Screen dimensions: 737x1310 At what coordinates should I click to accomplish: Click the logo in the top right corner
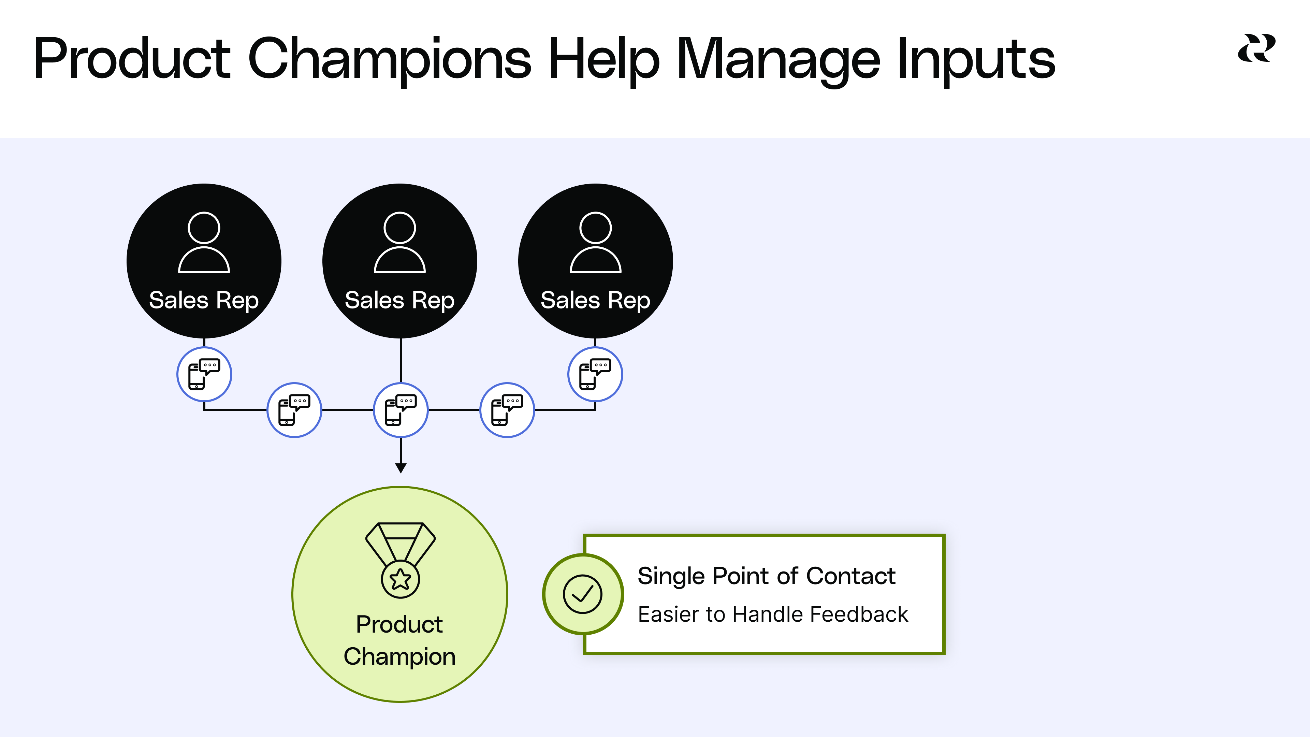tap(1256, 48)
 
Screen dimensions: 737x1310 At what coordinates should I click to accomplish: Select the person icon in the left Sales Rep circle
tap(204, 243)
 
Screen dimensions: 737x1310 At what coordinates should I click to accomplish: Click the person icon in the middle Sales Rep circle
tap(400, 243)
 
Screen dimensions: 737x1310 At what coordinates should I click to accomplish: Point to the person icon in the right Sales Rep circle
tap(596, 243)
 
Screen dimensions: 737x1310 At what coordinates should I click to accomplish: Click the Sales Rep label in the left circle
tap(204, 300)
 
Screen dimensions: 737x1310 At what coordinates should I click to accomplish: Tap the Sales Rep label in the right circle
tap(596, 300)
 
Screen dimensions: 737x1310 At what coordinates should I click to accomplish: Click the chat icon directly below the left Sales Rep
tap(204, 374)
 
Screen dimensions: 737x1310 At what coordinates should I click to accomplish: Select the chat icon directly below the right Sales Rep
tap(595, 374)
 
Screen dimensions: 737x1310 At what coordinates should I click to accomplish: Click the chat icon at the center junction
tap(401, 410)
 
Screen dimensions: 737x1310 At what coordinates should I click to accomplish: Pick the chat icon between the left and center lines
tap(294, 410)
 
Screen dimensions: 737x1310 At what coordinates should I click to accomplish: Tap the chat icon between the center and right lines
tap(507, 410)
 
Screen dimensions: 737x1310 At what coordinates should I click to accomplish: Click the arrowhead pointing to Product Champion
tap(401, 468)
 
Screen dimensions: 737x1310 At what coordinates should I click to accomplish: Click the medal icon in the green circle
tap(400, 560)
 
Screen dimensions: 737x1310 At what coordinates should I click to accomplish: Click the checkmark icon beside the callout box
tap(583, 594)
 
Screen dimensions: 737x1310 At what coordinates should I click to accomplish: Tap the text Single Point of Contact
tap(766, 576)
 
